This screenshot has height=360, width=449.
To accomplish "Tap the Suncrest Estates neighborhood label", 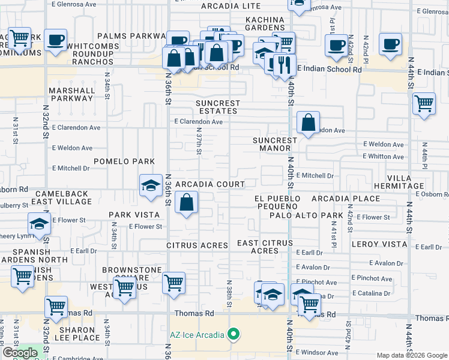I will pyautogui.click(x=218, y=107).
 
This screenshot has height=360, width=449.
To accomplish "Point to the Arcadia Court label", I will pyautogui.click(x=209, y=184).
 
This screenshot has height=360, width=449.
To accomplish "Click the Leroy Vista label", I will pyautogui.click(x=378, y=244).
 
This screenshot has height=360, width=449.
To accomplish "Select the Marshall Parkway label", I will pyautogui.click(x=73, y=95).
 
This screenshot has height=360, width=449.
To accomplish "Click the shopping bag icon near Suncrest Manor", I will pyautogui.click(x=308, y=123).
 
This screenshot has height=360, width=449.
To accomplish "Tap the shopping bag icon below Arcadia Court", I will pyautogui.click(x=187, y=203).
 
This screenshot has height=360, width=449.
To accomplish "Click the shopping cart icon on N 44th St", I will pyautogui.click(x=424, y=104).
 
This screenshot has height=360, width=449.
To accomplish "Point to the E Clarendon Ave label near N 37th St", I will pyautogui.click(x=199, y=122).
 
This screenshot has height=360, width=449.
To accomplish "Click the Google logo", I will pyautogui.click(x=20, y=353).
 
